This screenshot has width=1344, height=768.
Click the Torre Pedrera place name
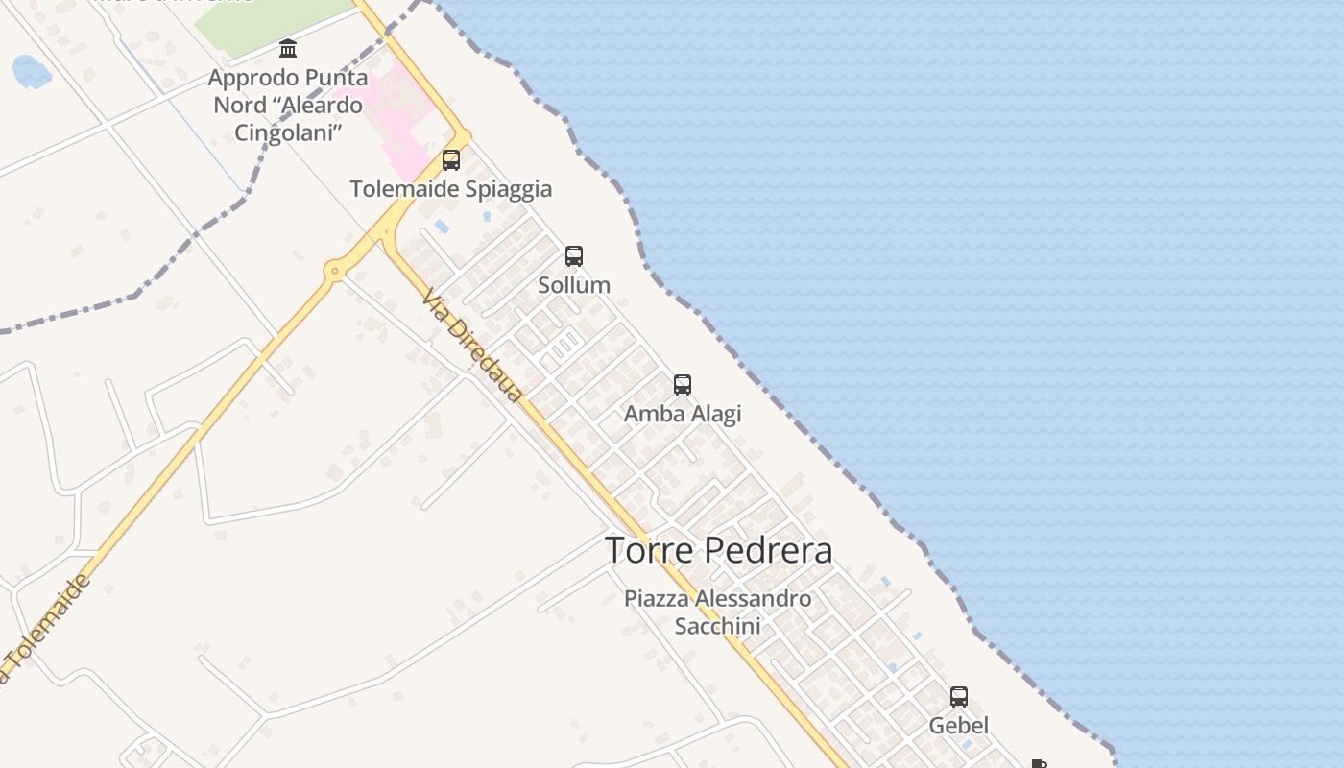[x=718, y=550]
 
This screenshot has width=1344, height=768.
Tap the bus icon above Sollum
[x=574, y=256]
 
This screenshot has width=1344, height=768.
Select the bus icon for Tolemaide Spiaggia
[x=451, y=160]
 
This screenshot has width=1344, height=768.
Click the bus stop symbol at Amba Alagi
[x=683, y=385]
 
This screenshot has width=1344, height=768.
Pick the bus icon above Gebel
[x=959, y=697]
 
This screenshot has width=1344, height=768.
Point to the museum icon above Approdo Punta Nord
[x=288, y=49]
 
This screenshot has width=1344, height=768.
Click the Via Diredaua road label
[x=473, y=346]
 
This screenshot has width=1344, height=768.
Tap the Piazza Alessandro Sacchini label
[x=717, y=612]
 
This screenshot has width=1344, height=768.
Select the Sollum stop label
[x=574, y=285]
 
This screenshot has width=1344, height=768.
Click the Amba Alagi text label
[x=683, y=414]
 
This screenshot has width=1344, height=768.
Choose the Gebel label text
[x=958, y=726]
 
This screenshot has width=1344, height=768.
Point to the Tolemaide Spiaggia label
[x=451, y=189]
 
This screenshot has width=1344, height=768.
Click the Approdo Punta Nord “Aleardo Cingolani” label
[x=288, y=105]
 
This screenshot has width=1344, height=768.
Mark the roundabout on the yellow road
[x=335, y=272]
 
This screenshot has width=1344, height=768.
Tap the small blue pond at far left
[x=31, y=71]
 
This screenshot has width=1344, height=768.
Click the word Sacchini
[x=717, y=626]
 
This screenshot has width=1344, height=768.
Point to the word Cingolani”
[x=289, y=132]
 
